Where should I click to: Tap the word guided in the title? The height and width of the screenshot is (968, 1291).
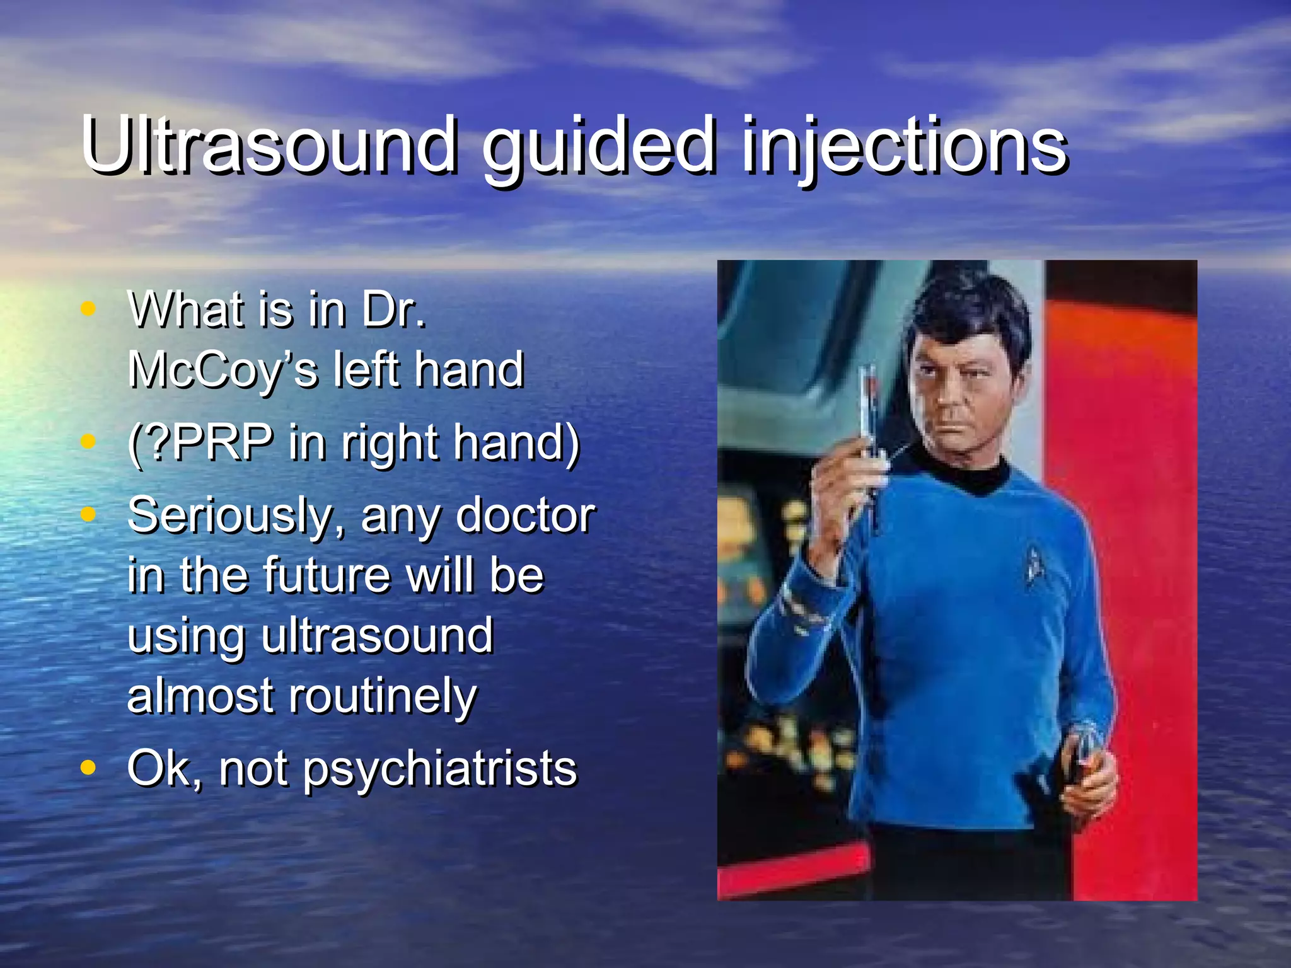click(x=599, y=148)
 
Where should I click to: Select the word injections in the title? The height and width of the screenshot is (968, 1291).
click(x=905, y=148)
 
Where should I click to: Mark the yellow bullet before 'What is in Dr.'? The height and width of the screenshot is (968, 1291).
click(x=88, y=309)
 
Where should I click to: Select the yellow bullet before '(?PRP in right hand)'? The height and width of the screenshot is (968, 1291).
click(x=88, y=442)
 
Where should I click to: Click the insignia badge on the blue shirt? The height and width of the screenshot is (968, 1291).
click(x=1034, y=561)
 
